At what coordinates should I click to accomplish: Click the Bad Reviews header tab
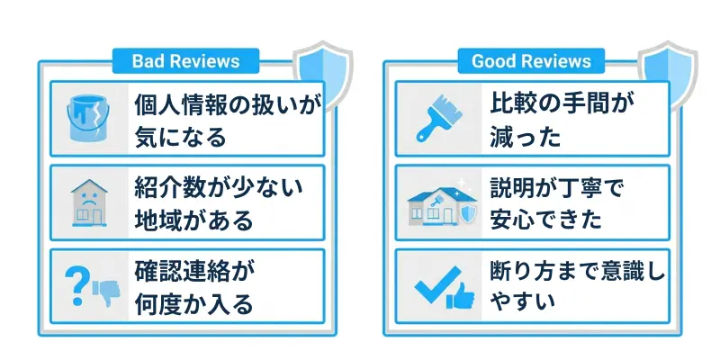pyautogui.click(x=185, y=61)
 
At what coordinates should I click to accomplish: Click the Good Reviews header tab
pyautogui.click(x=531, y=61)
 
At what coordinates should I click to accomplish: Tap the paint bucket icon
pyautogui.click(x=87, y=119)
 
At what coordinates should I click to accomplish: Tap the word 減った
pyautogui.click(x=525, y=137)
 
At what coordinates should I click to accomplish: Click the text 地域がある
pyautogui.click(x=192, y=219)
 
